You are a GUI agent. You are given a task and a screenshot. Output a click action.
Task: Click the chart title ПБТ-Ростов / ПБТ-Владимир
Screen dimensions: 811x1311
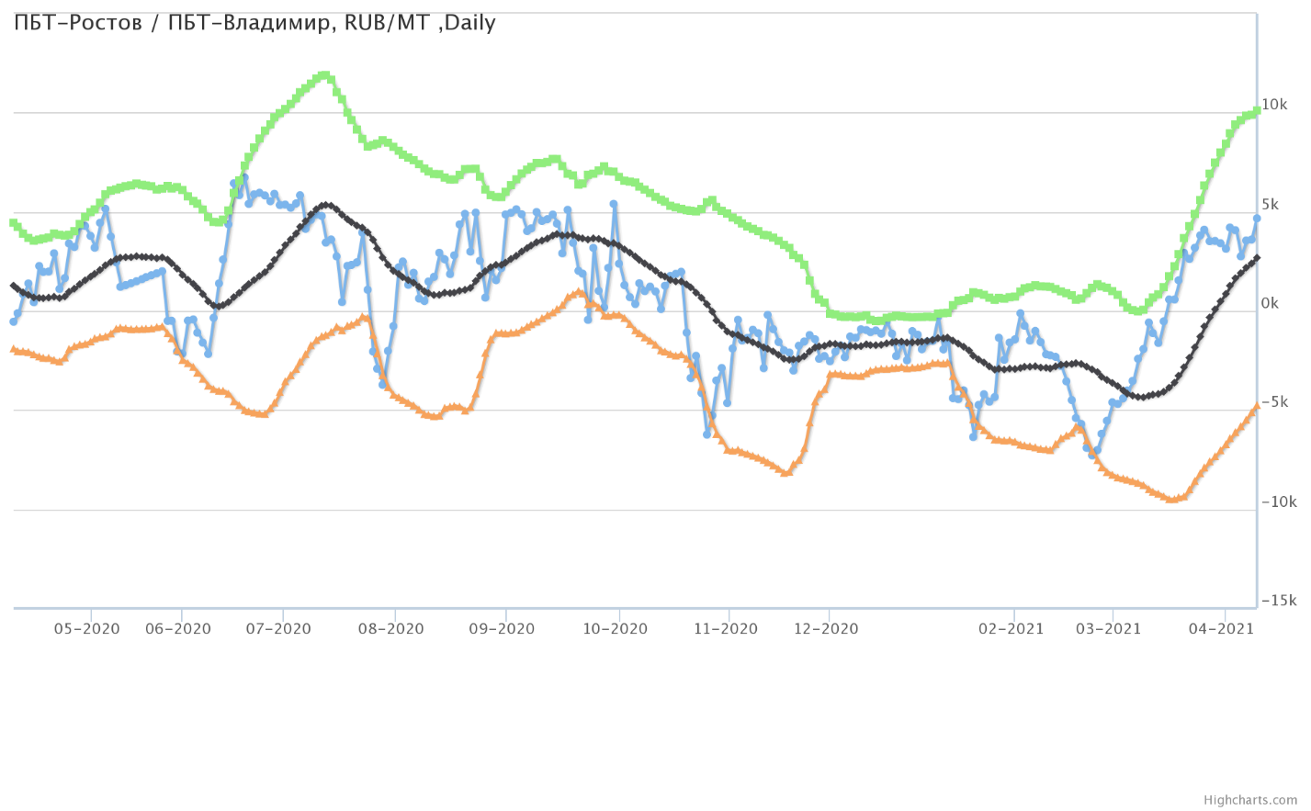click(254, 23)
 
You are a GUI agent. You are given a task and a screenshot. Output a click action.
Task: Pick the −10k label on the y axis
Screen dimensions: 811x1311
click(1278, 502)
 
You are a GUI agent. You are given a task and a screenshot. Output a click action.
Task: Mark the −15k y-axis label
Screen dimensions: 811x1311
click(1278, 602)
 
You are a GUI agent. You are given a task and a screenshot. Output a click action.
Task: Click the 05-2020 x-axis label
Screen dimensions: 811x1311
click(87, 629)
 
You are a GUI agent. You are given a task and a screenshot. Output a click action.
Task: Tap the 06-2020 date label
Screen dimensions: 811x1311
click(178, 629)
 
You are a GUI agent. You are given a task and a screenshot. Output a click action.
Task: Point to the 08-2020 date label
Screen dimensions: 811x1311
click(391, 629)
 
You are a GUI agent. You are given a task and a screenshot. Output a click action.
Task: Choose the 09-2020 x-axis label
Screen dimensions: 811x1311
click(502, 629)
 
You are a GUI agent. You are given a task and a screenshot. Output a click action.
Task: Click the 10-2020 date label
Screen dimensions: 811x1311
click(616, 629)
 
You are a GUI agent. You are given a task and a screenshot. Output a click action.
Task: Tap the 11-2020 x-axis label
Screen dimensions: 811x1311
click(726, 629)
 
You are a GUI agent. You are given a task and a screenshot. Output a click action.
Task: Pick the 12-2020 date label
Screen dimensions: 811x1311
click(826, 629)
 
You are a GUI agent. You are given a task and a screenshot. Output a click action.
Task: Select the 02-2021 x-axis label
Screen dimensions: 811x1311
click(1011, 629)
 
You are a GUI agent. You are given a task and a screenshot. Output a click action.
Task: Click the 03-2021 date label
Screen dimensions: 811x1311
click(1109, 629)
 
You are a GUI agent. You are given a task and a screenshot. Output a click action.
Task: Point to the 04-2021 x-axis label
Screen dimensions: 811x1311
click(1222, 629)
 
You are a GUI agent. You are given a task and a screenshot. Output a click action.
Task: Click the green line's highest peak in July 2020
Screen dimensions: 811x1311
click(322, 75)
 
